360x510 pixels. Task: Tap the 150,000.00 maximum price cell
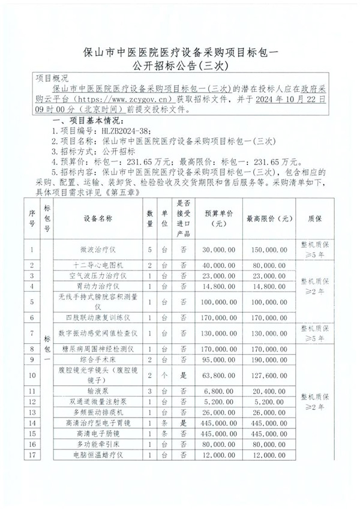coord(269,247)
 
